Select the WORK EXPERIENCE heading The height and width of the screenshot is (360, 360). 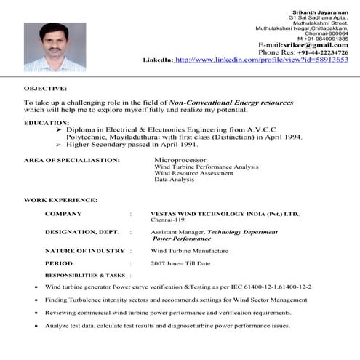[x=60, y=199]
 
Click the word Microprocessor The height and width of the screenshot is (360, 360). [x=181, y=159]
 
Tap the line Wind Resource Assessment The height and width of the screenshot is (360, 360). [x=193, y=173]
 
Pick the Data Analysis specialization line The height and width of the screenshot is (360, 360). [x=174, y=180]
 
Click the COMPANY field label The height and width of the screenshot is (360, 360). [x=63, y=214]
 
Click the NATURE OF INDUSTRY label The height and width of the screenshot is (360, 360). [x=84, y=250]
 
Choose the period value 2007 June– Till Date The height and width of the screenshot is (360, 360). [x=180, y=263]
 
